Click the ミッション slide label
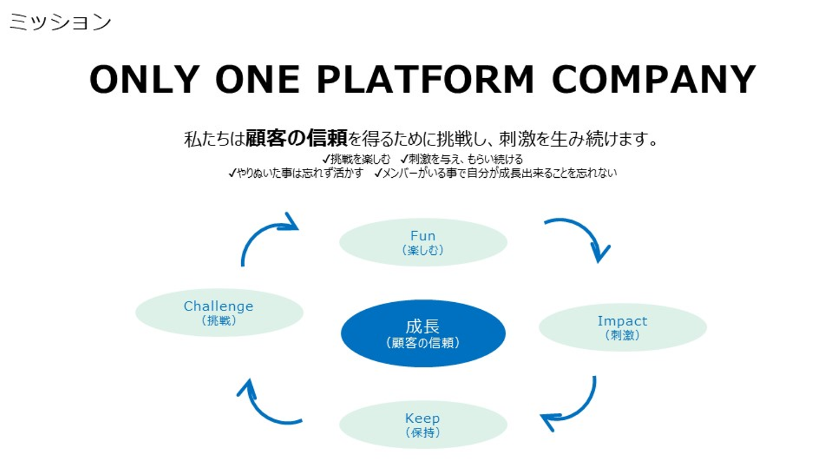pos(60,22)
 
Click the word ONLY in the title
pos(145,79)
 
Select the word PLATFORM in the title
pos(425,79)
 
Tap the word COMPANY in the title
pos(654,79)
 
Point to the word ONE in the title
pos(258,79)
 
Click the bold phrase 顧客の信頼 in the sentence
pos(296,138)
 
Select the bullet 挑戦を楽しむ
pos(356,159)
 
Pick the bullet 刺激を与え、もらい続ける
pos(462,159)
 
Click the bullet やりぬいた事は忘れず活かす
pos(296,173)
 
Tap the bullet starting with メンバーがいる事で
pos(495,173)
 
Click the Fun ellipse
pos(423,242)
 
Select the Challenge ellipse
pos(219,313)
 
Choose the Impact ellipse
pos(623,327)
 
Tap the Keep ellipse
pos(423,425)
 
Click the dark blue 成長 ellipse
pos(423,334)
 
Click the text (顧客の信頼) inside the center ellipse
pos(423,343)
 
